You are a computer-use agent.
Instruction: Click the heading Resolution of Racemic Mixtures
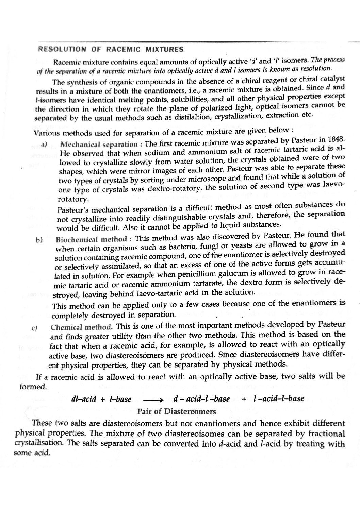[x=110, y=50]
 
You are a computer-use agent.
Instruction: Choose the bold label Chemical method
[x=81, y=327]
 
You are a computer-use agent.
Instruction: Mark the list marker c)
[x=34, y=328]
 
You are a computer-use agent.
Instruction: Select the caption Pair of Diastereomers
[x=177, y=412]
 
